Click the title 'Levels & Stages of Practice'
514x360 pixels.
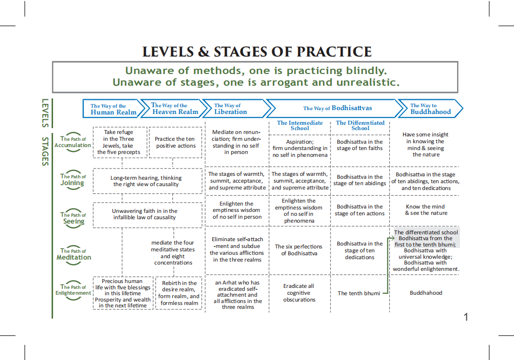[257, 52]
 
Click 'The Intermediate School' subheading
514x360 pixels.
[299, 125]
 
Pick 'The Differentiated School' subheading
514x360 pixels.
[360, 125]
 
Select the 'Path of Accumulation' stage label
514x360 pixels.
[73, 142]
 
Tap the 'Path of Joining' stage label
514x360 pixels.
[73, 180]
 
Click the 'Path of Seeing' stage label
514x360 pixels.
[73, 218]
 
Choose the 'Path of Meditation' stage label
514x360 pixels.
[73, 254]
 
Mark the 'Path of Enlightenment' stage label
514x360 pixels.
[73, 290]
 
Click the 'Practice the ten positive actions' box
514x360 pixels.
[175, 142]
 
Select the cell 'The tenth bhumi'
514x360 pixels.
[359, 293]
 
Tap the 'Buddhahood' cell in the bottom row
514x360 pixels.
[425, 293]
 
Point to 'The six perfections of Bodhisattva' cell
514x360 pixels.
[299, 250]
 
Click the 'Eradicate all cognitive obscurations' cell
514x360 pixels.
[299, 293]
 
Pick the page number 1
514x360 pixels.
[466, 317]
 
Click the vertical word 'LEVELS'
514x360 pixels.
[45, 113]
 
